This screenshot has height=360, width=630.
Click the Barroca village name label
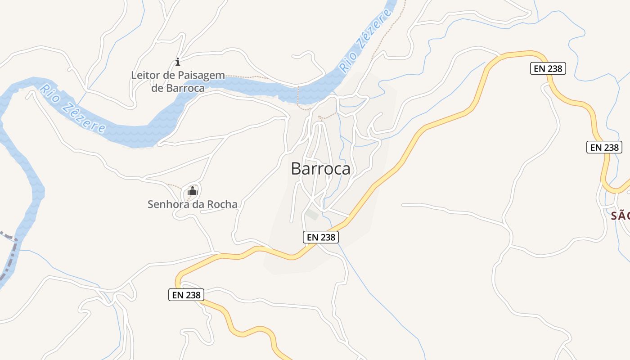click(x=320, y=168)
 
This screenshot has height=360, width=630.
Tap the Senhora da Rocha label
click(x=192, y=204)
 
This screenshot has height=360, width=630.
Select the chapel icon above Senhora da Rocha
click(x=192, y=191)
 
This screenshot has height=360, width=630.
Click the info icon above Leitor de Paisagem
click(x=178, y=62)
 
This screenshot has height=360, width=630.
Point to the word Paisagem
click(x=201, y=75)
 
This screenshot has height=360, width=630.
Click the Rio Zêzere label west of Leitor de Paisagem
click(x=72, y=108)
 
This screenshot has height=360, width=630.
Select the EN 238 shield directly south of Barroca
click(x=320, y=237)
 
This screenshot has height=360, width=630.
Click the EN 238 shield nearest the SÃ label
click(x=604, y=147)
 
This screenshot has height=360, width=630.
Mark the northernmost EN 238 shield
click(x=547, y=68)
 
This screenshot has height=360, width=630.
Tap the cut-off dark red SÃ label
click(x=620, y=216)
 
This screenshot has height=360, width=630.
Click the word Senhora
click(x=166, y=204)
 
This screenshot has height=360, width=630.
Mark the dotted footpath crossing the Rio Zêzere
click(x=298, y=95)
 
